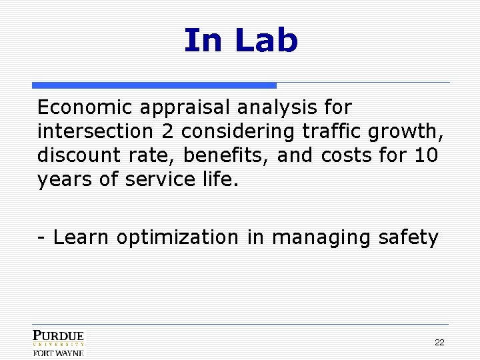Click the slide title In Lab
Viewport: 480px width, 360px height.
(241, 40)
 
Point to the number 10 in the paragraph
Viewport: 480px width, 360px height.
(425, 155)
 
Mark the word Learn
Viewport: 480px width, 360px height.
(81, 237)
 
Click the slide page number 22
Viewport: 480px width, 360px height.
(439, 342)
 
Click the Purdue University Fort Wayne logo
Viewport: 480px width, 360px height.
(59, 343)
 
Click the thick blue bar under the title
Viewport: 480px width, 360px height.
(154, 85)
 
